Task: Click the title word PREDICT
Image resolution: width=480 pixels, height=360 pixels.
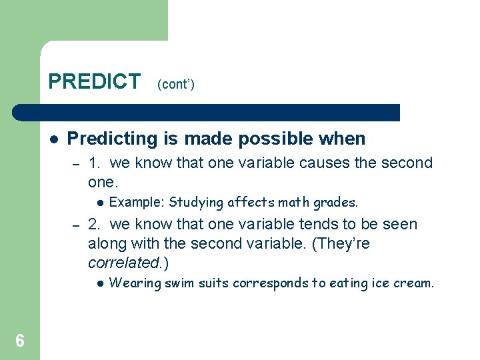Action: pos(94,81)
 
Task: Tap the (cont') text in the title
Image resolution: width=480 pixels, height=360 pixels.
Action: pos(176,85)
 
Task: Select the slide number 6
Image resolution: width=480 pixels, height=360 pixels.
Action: pos(20,341)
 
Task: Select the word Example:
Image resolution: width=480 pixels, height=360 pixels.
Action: pos(137,202)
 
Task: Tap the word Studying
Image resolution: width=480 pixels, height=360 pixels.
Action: pos(197,202)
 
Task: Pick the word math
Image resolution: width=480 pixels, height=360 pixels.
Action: pos(295,202)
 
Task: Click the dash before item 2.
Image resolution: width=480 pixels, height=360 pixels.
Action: pos(76,225)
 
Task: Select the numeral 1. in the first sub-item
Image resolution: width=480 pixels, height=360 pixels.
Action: pos(95,163)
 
